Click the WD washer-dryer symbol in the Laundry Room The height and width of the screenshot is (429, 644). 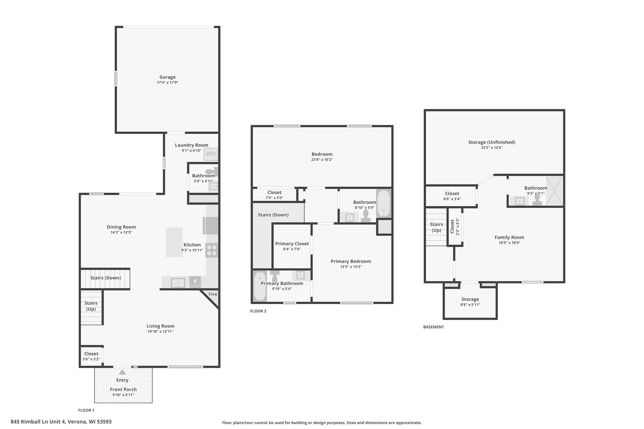[211, 154]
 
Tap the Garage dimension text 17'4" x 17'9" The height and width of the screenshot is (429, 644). [168, 82]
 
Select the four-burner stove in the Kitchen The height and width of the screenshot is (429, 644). [212, 250]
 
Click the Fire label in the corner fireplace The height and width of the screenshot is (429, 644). [213, 294]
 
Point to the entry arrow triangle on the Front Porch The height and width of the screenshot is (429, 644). [122, 372]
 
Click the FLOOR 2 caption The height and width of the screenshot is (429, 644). [258, 311]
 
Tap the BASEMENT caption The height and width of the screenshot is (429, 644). [433, 327]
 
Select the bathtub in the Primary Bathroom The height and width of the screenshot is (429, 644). [260, 286]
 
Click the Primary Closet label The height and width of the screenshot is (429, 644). [292, 244]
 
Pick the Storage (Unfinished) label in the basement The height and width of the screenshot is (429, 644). [492, 142]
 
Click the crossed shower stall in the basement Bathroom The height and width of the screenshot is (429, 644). [554, 191]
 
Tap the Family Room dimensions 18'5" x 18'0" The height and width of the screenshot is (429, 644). [509, 243]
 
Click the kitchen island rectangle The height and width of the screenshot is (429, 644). [174, 242]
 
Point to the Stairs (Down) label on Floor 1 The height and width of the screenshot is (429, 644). [106, 278]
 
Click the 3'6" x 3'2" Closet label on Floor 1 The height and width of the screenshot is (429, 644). [91, 356]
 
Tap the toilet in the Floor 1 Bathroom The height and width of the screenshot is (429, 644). [212, 172]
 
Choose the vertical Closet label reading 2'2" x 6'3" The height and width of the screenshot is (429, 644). [454, 227]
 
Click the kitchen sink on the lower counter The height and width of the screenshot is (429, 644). [178, 283]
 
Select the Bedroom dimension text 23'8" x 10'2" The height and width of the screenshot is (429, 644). [322, 160]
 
